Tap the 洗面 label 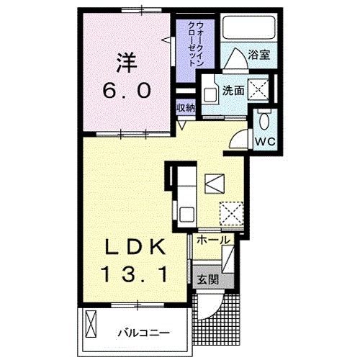(x=231, y=91)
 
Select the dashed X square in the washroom (x=257, y=90)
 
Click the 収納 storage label (x=186, y=107)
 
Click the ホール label (x=212, y=240)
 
